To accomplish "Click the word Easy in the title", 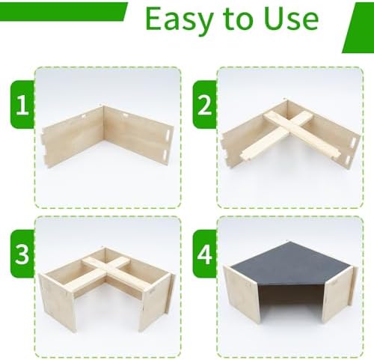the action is (179, 20).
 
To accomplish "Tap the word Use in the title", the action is (291, 18).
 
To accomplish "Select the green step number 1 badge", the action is (22, 105).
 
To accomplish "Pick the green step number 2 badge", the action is (204, 105).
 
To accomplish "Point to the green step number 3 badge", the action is (22, 254).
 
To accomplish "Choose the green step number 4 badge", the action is (204, 254).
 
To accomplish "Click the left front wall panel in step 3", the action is (57, 302).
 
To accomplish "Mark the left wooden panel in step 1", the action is (73, 137).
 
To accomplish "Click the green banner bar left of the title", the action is (64, 11).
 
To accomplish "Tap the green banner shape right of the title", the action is (359, 28).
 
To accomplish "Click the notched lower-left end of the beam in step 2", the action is (247, 156).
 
